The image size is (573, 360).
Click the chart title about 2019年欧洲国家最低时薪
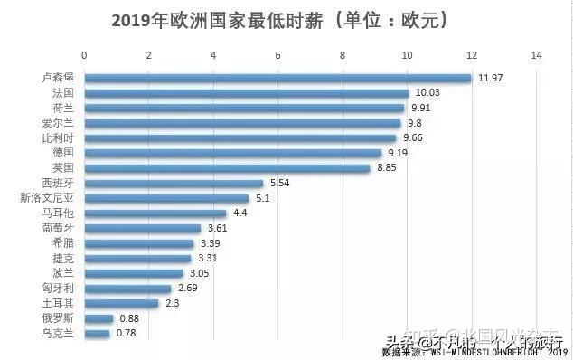[281, 20]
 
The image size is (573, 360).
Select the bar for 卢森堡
[277, 78]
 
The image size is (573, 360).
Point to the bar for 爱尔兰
[242, 123]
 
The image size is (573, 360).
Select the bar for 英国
[227, 168]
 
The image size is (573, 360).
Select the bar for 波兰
[134, 273]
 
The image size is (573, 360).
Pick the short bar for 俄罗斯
[99, 318]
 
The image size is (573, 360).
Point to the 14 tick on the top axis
[537, 56]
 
